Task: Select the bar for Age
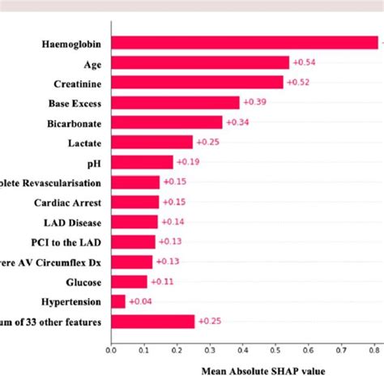pos(199,62)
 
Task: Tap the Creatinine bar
pos(197,83)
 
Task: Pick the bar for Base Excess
pos(175,102)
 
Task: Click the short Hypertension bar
pos(118,301)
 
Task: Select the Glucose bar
pos(129,282)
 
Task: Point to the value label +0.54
pos(304,62)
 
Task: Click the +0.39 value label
pos(254,102)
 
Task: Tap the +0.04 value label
pos(140,301)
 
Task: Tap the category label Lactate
pos(84,143)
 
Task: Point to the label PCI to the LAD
pos(70,241)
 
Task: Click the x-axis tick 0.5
pos(275,351)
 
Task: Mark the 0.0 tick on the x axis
pos(111,351)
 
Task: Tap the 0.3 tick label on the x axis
pos(209,351)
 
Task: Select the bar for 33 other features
pos(152,322)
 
